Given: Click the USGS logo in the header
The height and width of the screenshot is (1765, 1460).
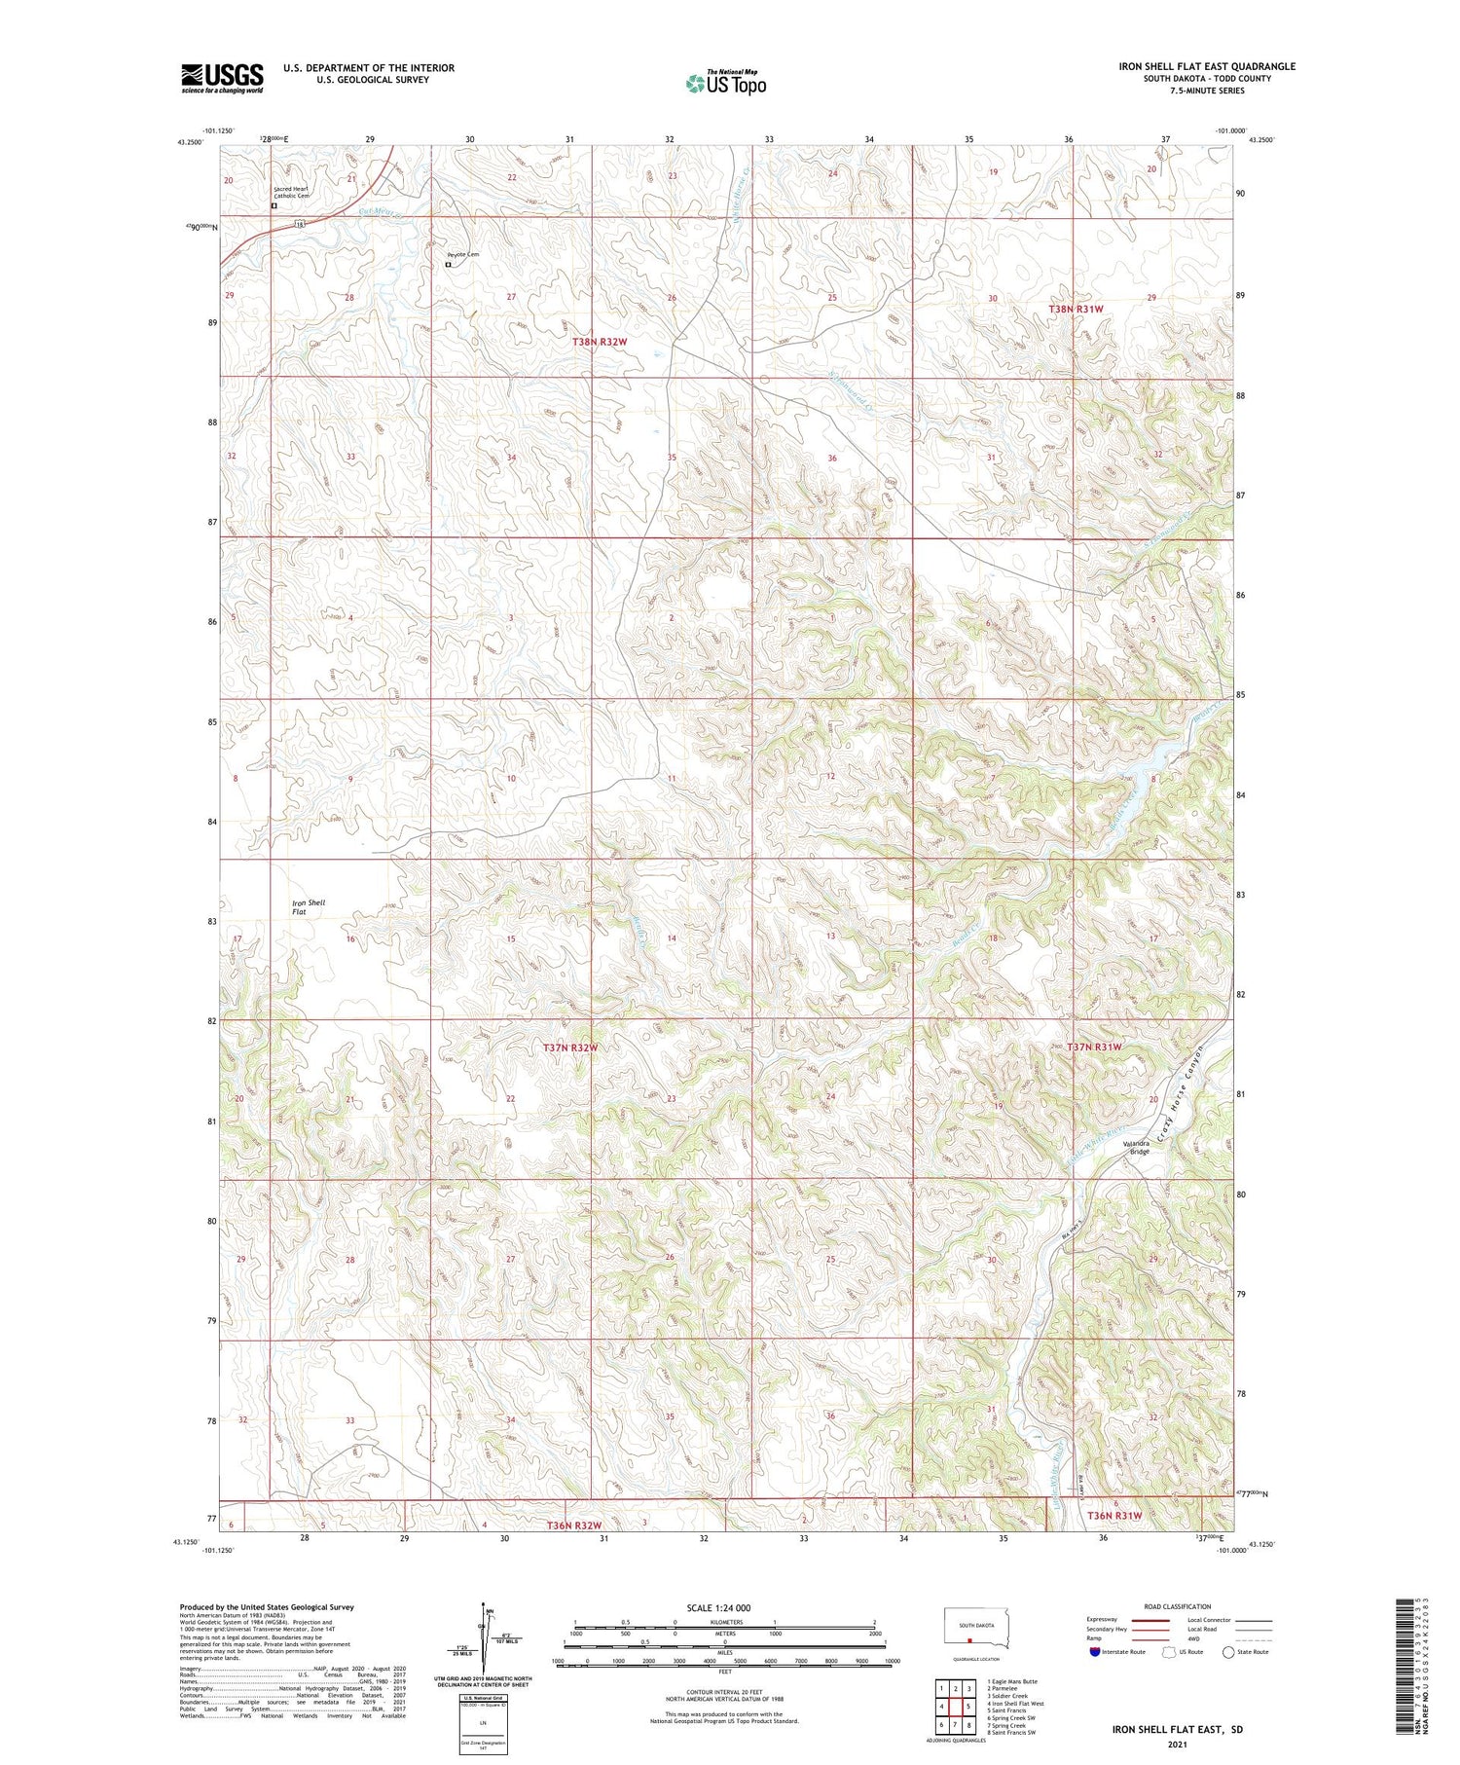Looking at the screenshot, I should pos(222,78).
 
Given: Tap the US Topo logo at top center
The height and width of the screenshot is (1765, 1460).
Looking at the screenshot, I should pos(726,83).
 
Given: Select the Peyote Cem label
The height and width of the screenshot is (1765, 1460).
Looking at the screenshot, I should pos(462,255).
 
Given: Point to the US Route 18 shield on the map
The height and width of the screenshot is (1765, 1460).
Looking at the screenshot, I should pos(300,223).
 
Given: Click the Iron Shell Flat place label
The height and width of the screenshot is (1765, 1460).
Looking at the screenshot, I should pos(310,907).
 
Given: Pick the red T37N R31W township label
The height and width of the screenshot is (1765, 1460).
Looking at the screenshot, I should pos(1094,1047).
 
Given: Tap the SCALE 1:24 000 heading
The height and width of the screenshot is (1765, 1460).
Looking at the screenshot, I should pos(718,1607).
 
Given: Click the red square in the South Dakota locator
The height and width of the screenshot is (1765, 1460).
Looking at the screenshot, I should pos(969,1638).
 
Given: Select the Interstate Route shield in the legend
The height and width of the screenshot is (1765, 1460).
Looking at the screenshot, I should pos(1095,1652).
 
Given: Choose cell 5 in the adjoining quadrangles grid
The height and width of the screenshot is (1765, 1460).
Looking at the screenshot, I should pos(969,1707).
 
